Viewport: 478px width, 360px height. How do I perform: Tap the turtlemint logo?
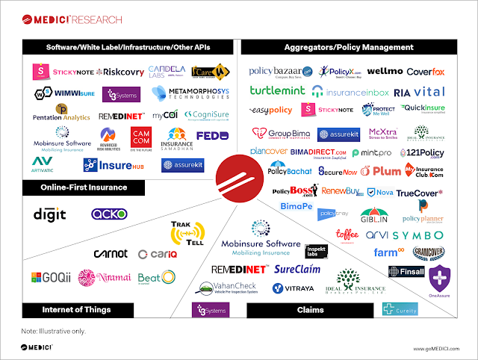[278, 91]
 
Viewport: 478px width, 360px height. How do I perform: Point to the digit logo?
[49, 214]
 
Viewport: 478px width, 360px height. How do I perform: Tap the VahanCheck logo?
[223, 288]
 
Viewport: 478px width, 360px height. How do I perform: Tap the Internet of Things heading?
[77, 309]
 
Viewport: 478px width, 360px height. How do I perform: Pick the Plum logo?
[387, 171]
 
